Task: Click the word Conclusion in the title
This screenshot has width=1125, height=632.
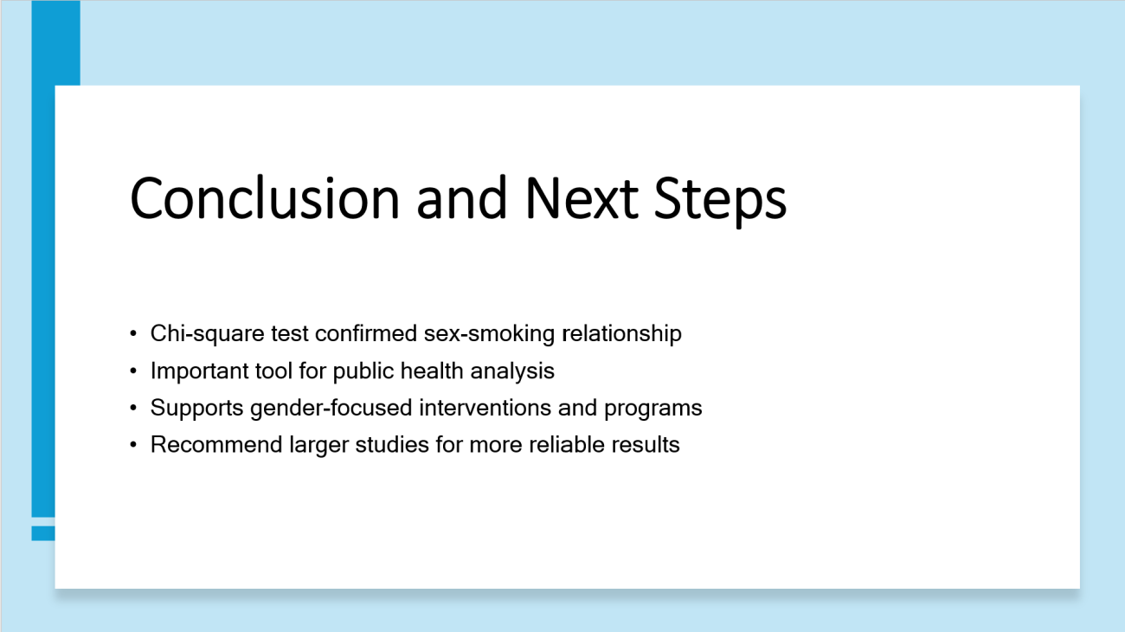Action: [265, 198]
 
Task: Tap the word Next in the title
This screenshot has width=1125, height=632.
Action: [582, 198]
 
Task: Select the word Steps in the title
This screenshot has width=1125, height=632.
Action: [720, 201]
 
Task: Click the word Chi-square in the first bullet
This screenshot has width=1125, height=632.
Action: [207, 334]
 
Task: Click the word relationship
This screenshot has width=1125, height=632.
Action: [621, 334]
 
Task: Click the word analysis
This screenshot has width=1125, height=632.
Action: [512, 371]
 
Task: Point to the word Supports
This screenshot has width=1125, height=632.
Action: [196, 408]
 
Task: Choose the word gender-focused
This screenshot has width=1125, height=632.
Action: [331, 408]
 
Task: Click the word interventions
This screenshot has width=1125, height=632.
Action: [485, 407]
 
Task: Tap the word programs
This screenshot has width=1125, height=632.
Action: [652, 409]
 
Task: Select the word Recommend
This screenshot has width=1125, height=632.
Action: [216, 445]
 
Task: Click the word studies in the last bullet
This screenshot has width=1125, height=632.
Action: [392, 445]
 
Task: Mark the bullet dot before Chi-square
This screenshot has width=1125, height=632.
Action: [133, 333]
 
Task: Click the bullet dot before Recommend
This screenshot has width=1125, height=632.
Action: [133, 445]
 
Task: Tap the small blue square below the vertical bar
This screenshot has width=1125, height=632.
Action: [43, 533]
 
